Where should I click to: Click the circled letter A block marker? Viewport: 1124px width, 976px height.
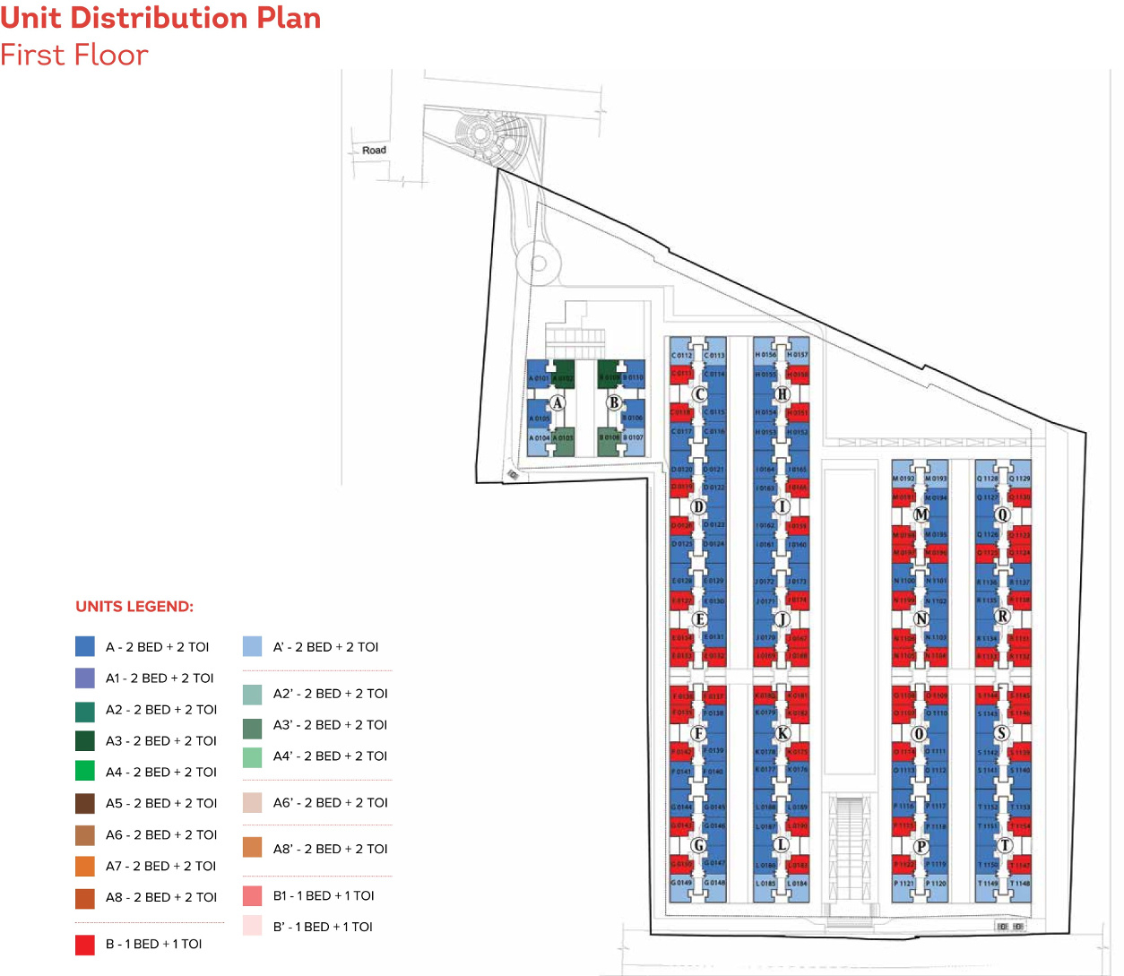point(558,403)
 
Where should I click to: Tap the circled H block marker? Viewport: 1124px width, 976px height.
point(782,393)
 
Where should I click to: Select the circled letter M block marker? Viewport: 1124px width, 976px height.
point(921,514)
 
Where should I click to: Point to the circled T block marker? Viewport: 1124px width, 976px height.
point(1004,845)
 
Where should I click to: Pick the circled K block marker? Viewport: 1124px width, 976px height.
point(782,733)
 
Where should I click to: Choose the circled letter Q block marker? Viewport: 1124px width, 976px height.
point(1003,514)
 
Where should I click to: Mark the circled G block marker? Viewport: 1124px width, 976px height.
point(698,845)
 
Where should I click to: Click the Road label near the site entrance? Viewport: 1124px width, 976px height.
point(374,150)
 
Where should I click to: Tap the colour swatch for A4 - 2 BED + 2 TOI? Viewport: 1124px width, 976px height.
point(85,771)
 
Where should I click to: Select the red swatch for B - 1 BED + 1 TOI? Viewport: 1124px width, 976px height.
point(85,944)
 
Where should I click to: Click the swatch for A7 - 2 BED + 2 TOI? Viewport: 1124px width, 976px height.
point(85,866)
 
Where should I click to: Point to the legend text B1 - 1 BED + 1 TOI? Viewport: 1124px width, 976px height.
point(324,895)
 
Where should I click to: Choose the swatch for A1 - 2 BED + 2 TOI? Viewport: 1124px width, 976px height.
point(85,678)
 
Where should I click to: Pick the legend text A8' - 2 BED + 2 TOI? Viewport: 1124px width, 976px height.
point(330,849)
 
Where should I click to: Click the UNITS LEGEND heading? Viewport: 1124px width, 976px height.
point(134,607)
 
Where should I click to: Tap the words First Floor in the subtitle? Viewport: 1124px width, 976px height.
point(74,56)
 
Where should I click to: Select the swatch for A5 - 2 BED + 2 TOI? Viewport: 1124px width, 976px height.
point(85,803)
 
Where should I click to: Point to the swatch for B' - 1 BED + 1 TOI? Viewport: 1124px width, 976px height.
point(253,926)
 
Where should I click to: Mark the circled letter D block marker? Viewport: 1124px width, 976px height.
point(698,506)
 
